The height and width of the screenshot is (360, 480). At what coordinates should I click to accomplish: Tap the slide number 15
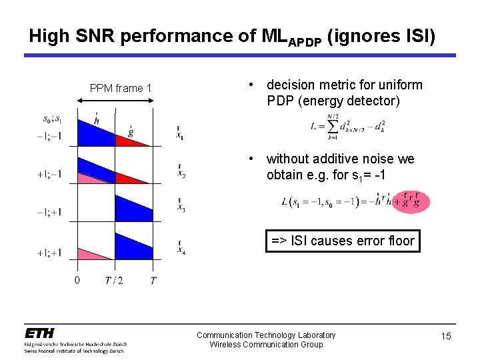(x=446, y=336)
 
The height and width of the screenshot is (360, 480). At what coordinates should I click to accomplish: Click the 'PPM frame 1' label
(x=121, y=89)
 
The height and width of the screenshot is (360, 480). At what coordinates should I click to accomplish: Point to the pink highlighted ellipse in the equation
(x=411, y=201)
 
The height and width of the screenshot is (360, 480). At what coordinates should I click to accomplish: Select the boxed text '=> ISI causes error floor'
(x=343, y=241)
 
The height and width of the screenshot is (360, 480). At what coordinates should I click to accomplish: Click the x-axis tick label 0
(x=77, y=280)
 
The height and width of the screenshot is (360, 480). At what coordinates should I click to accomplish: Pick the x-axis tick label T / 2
(x=114, y=280)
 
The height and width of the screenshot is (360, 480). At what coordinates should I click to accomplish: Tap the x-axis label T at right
(x=153, y=280)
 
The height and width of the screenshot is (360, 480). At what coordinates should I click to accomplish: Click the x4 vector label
(x=181, y=248)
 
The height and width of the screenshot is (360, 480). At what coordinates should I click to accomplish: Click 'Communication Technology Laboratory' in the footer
(x=266, y=335)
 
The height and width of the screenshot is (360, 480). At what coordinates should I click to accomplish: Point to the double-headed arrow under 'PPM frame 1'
(x=115, y=101)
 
